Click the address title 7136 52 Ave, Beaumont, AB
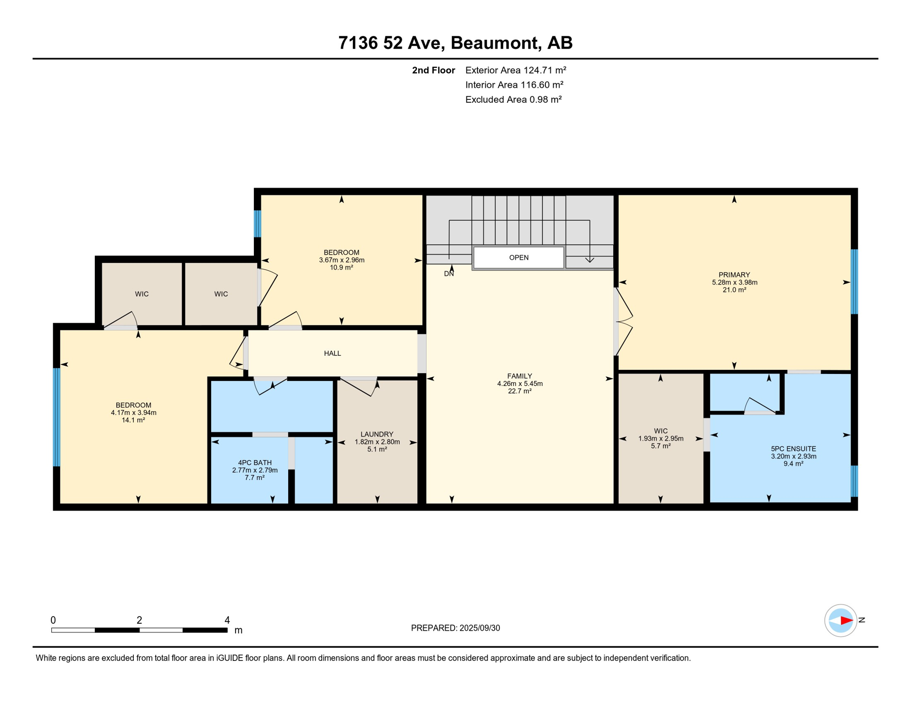click(x=455, y=43)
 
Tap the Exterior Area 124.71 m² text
click(x=516, y=70)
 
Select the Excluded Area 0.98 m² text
click(x=513, y=99)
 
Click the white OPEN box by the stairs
click(x=519, y=258)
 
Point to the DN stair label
click(x=449, y=274)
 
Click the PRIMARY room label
click(x=734, y=275)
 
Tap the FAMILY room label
click(x=520, y=376)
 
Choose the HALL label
click(x=332, y=353)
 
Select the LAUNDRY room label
click(x=377, y=434)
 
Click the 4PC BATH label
click(x=255, y=463)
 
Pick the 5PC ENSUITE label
click(x=793, y=449)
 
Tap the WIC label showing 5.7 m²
click(x=661, y=431)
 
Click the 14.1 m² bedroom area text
click(x=133, y=420)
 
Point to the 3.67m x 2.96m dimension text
click(x=341, y=260)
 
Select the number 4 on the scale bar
click(x=227, y=620)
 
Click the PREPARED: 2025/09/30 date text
click(x=455, y=628)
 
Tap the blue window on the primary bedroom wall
click(x=854, y=282)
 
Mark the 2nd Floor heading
click(x=434, y=70)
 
